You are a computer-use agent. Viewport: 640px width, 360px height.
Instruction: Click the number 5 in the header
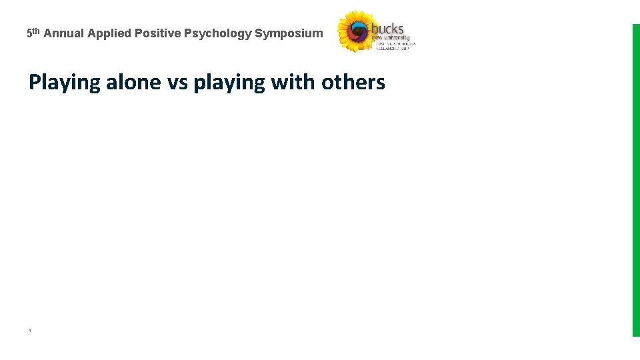coord(29,33)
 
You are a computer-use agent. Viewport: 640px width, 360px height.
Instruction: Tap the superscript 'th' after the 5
coord(36,31)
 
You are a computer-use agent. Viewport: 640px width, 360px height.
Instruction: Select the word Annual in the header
coord(64,33)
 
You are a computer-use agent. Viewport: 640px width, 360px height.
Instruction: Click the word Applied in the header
coord(109,33)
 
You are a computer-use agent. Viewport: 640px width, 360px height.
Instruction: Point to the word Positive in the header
coord(157,33)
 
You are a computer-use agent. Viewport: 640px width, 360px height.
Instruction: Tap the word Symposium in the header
coord(289,33)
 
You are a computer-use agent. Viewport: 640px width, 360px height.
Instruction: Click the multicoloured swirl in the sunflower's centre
coord(359,31)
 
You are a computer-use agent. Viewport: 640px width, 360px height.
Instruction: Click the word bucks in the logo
coord(387,29)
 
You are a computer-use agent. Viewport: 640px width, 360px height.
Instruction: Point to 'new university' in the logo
coord(391,37)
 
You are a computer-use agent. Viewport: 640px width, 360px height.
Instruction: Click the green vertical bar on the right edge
coord(635,180)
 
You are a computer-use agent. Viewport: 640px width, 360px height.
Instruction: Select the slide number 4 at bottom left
coord(30,330)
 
